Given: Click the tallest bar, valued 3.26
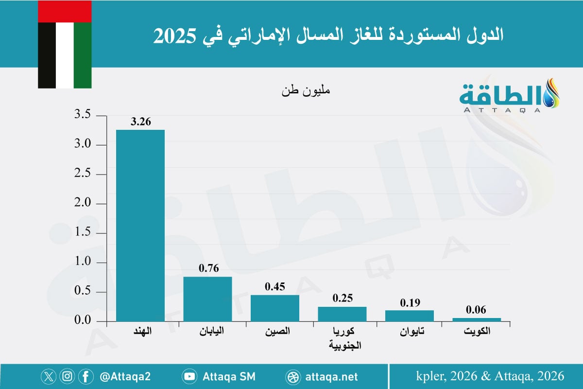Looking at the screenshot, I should point(140,226).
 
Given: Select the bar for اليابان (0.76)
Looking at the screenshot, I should point(207,299).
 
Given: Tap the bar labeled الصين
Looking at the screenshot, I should point(275,308).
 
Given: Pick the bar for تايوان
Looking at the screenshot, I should point(410,316).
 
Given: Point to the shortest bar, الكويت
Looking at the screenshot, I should point(477,319).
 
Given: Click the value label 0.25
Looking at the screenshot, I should point(342,298).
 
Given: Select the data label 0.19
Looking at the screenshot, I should point(410,302).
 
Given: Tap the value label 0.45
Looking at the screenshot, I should point(275,286).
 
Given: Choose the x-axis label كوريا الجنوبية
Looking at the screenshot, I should point(342,338).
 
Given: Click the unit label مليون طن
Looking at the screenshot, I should point(305,90).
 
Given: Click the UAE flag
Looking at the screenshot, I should point(65,44).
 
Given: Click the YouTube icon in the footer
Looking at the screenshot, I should point(189,376).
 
